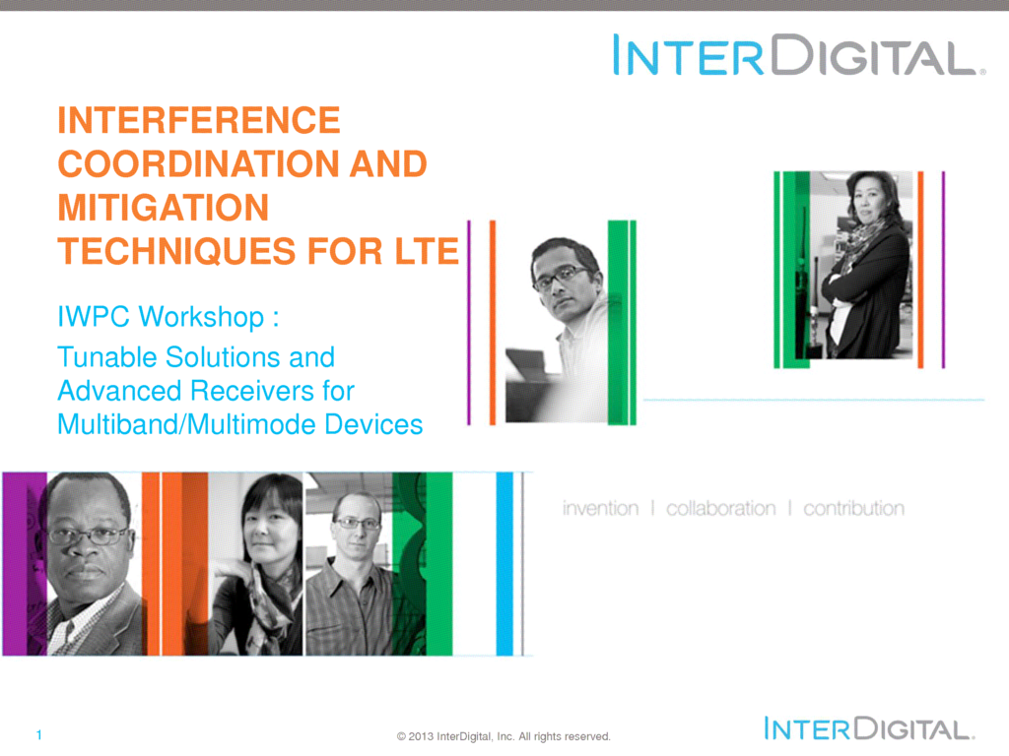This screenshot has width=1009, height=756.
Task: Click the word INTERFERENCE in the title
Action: pos(199,120)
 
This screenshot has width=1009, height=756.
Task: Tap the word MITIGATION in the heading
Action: pos(164,208)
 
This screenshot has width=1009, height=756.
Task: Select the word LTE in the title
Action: pos(426,251)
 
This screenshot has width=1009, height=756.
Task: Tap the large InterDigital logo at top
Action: pos(798,55)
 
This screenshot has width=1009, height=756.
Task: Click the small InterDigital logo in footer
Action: pos(869,728)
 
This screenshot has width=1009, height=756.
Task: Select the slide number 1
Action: pos(39,734)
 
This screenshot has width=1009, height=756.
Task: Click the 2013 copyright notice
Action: pos(504,736)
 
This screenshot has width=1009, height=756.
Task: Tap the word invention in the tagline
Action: pos(600,509)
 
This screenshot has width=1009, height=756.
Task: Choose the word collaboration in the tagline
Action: pos(720,509)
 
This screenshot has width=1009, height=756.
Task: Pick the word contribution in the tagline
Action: pos(854,509)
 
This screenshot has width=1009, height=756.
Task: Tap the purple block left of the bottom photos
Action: pos(25,564)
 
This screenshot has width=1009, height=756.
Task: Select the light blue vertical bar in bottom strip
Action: pos(504,564)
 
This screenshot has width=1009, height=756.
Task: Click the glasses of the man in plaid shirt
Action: pos(357,524)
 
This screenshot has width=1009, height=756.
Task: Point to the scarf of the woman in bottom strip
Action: pos(268,604)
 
